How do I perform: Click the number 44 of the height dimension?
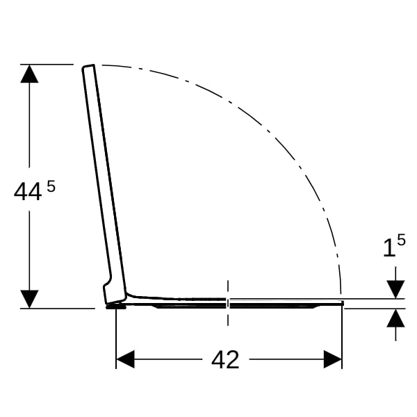pyautogui.click(x=28, y=192)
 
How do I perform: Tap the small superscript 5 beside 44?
pyautogui.click(x=51, y=186)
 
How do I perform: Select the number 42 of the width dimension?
pyautogui.click(x=225, y=359)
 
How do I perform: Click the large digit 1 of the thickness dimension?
pyautogui.click(x=389, y=248)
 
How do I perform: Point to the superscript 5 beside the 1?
pyautogui.click(x=401, y=240)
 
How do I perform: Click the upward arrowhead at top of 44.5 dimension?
pyautogui.click(x=29, y=74)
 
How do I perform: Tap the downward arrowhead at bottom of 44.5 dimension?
pyautogui.click(x=29, y=299)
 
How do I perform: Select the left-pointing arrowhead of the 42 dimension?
pyautogui.click(x=126, y=359)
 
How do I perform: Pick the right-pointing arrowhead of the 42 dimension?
pyautogui.click(x=332, y=359)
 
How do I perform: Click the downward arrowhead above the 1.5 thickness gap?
pyautogui.click(x=395, y=289)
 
